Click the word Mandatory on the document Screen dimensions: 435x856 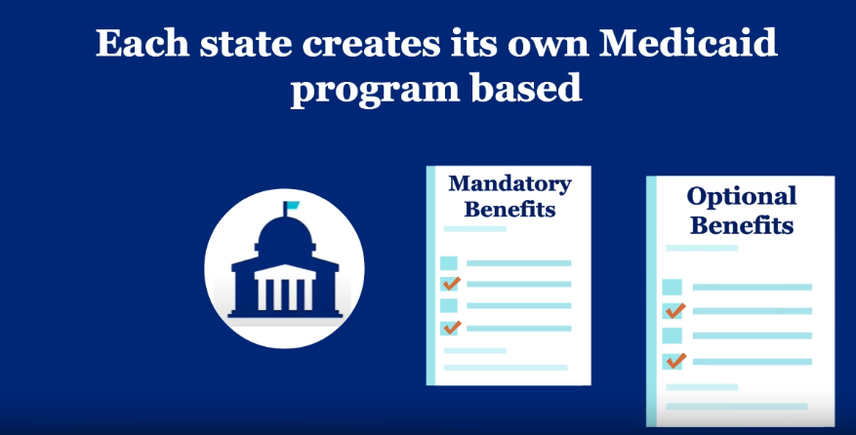(x=510, y=183)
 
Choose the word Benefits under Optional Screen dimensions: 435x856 (x=740, y=226)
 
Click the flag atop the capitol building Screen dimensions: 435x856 (x=292, y=207)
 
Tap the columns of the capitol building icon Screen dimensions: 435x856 (x=285, y=289)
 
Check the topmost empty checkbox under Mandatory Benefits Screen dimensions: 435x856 (x=449, y=263)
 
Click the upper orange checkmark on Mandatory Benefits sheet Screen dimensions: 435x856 (x=451, y=284)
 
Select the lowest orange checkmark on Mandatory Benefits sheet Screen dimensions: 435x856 (x=451, y=327)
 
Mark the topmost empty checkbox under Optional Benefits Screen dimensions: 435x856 (x=673, y=287)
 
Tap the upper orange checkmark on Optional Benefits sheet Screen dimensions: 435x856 (x=674, y=310)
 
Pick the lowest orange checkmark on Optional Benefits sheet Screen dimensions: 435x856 (x=674, y=361)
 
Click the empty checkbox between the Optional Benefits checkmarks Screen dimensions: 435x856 (x=673, y=336)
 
